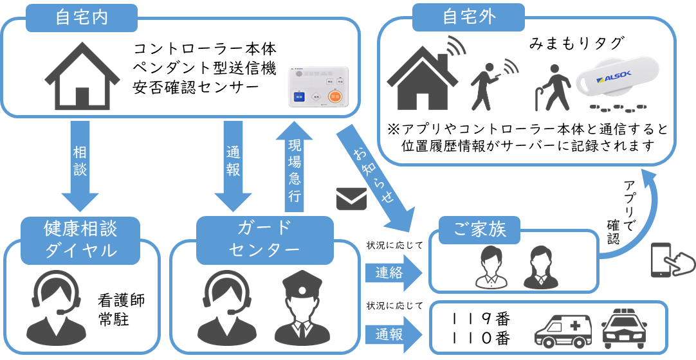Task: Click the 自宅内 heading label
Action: point(81,17)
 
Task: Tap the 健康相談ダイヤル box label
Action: point(81,240)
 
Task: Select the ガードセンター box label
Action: point(264,240)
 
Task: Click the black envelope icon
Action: point(351,199)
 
